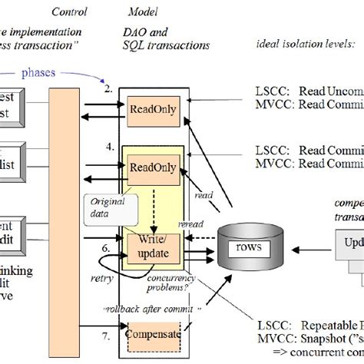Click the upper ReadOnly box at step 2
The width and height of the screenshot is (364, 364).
click(x=153, y=110)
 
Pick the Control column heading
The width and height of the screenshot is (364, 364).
click(x=68, y=12)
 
